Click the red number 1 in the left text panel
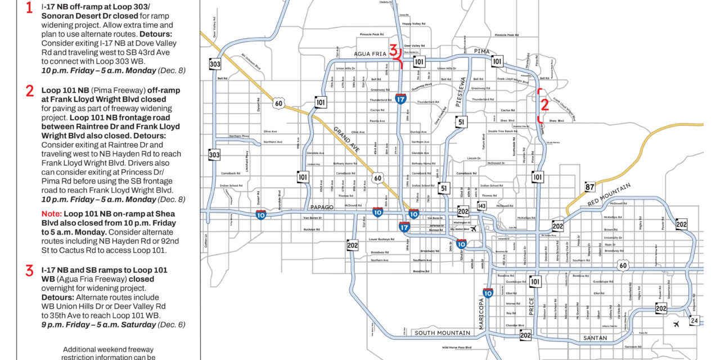tap(29, 7)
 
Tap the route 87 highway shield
tap(589, 187)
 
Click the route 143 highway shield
tap(481, 206)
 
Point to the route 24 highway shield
tap(695, 321)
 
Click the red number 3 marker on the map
tap(394, 49)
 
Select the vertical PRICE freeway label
tap(530, 307)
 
